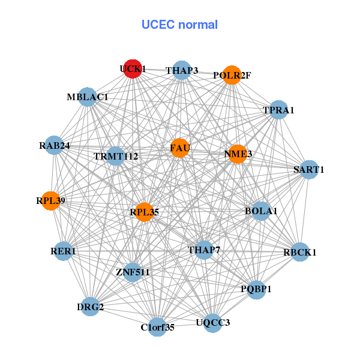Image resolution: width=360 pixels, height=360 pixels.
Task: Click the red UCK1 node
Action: (x=133, y=68)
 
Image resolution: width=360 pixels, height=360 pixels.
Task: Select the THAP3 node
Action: (x=182, y=70)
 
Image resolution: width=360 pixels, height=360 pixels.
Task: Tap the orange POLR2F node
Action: (x=232, y=75)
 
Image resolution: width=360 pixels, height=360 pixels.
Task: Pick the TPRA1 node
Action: (x=278, y=110)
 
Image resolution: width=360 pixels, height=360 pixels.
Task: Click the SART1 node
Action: (x=309, y=169)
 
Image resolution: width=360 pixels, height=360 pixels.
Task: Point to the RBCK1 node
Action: (x=299, y=252)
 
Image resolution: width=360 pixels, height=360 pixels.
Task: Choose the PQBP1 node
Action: (x=256, y=289)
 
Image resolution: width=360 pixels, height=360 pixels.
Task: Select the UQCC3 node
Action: (x=212, y=323)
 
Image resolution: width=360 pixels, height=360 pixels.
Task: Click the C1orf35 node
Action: (x=157, y=327)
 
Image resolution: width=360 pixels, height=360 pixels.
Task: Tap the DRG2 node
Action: (x=91, y=307)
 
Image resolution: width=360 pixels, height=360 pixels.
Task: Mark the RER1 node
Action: (x=63, y=251)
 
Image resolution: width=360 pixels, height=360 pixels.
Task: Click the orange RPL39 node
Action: (x=50, y=200)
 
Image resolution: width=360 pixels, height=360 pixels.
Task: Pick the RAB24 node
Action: (x=55, y=145)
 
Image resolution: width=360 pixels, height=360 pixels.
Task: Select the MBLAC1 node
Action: (x=88, y=97)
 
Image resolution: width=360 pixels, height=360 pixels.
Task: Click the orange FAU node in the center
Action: (x=180, y=148)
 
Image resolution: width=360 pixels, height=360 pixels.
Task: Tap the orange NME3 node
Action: (x=238, y=154)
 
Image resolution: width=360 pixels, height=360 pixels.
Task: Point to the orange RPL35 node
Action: (x=143, y=212)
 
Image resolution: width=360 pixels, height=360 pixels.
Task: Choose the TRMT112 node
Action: (x=116, y=157)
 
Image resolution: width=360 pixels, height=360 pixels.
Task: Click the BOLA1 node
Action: (x=260, y=211)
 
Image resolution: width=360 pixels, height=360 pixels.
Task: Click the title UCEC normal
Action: (x=179, y=25)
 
